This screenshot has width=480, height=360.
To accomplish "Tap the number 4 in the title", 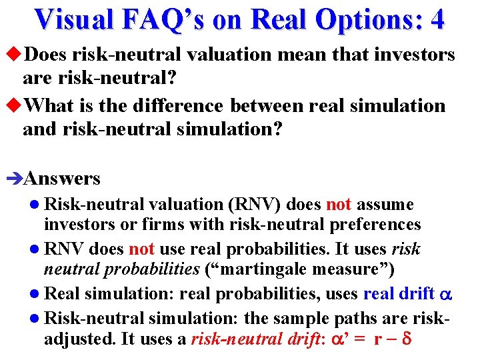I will point(437,19).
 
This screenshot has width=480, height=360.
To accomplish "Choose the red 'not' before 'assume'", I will point(339,205).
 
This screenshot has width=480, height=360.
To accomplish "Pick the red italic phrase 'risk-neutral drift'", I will point(248,339).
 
